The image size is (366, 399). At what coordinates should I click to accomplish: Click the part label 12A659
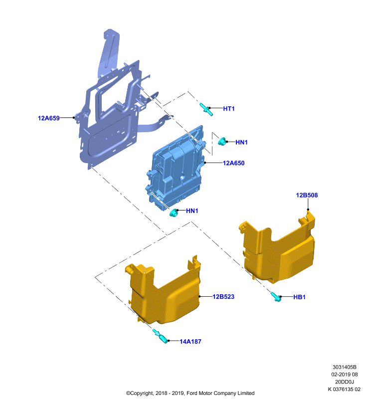coord(48,118)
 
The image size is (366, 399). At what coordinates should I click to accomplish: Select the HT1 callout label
coord(229,109)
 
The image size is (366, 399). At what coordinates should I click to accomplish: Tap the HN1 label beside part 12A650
coord(241,142)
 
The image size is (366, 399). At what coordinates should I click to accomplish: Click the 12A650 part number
coord(233,163)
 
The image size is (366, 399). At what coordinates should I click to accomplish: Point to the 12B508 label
coord(307,195)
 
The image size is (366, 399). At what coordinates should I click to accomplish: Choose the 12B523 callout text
coord(223,297)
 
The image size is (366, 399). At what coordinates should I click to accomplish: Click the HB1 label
coord(299,297)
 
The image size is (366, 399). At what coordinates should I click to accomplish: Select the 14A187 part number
coord(190,342)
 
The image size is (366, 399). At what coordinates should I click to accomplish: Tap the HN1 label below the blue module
coord(192,210)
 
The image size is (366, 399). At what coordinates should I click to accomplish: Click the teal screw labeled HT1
coord(206,109)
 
